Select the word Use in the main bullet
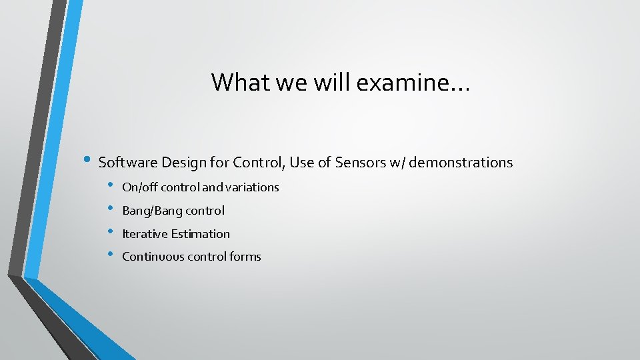[x=302, y=163]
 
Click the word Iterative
[x=145, y=234]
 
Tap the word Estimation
[x=200, y=234]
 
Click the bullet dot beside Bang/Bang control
[x=111, y=209]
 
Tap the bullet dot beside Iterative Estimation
[x=111, y=232]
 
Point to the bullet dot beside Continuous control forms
[x=111, y=255]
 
